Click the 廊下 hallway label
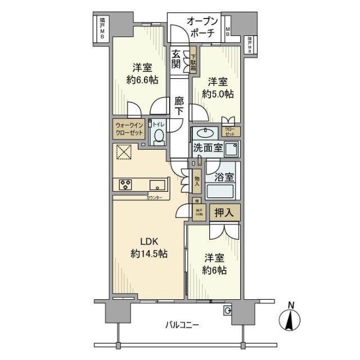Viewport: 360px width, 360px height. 178,106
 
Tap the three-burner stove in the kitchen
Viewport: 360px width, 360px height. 125,184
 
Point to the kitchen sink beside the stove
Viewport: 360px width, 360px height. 157,184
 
